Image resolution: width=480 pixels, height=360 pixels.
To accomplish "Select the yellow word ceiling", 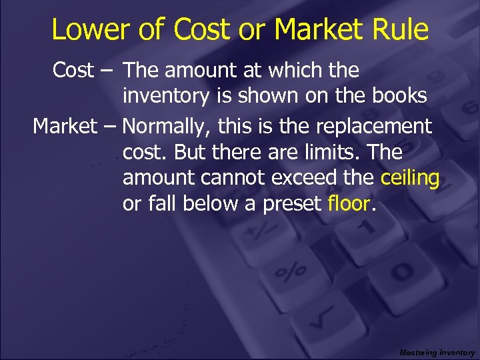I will tap(410, 179).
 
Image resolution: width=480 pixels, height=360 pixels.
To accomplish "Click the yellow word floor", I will tap(349, 203).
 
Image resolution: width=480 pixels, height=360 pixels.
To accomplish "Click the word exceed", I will tap(319, 179).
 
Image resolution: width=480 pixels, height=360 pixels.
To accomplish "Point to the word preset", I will tap(292, 203).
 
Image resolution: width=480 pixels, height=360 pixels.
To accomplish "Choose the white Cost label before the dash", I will tap(74, 70).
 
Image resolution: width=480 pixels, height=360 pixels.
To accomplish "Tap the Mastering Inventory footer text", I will tap(437, 352).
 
